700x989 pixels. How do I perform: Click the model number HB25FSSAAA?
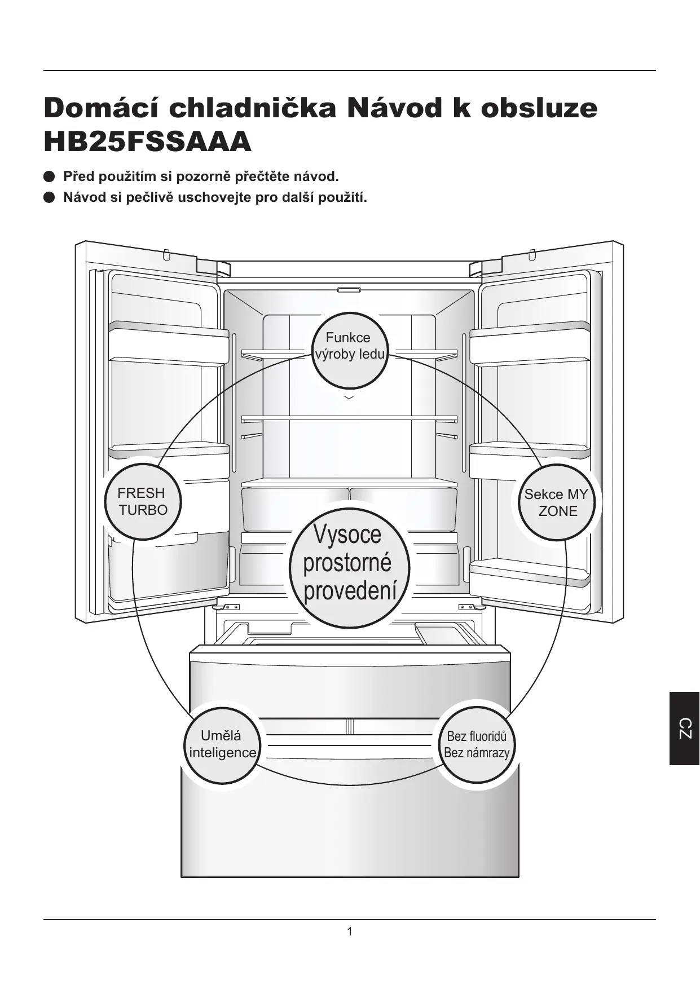pos(147,142)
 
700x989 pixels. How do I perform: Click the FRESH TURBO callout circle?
pos(143,502)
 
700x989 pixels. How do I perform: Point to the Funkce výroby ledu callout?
pos(350,350)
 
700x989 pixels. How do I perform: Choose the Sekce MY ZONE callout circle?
pos(556,502)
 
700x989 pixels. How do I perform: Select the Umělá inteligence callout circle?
pos(222,745)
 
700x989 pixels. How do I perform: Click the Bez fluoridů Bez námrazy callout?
pos(477,745)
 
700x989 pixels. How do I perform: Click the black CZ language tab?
pos(684,728)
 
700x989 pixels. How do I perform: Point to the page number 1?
pos(350,931)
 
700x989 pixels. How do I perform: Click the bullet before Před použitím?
pos(49,177)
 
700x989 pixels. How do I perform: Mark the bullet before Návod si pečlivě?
pos(49,198)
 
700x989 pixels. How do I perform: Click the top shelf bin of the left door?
pos(168,344)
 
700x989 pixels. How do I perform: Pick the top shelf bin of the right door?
pos(529,344)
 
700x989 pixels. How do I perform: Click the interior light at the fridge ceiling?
pos(349,290)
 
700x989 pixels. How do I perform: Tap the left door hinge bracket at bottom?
pos(228,607)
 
